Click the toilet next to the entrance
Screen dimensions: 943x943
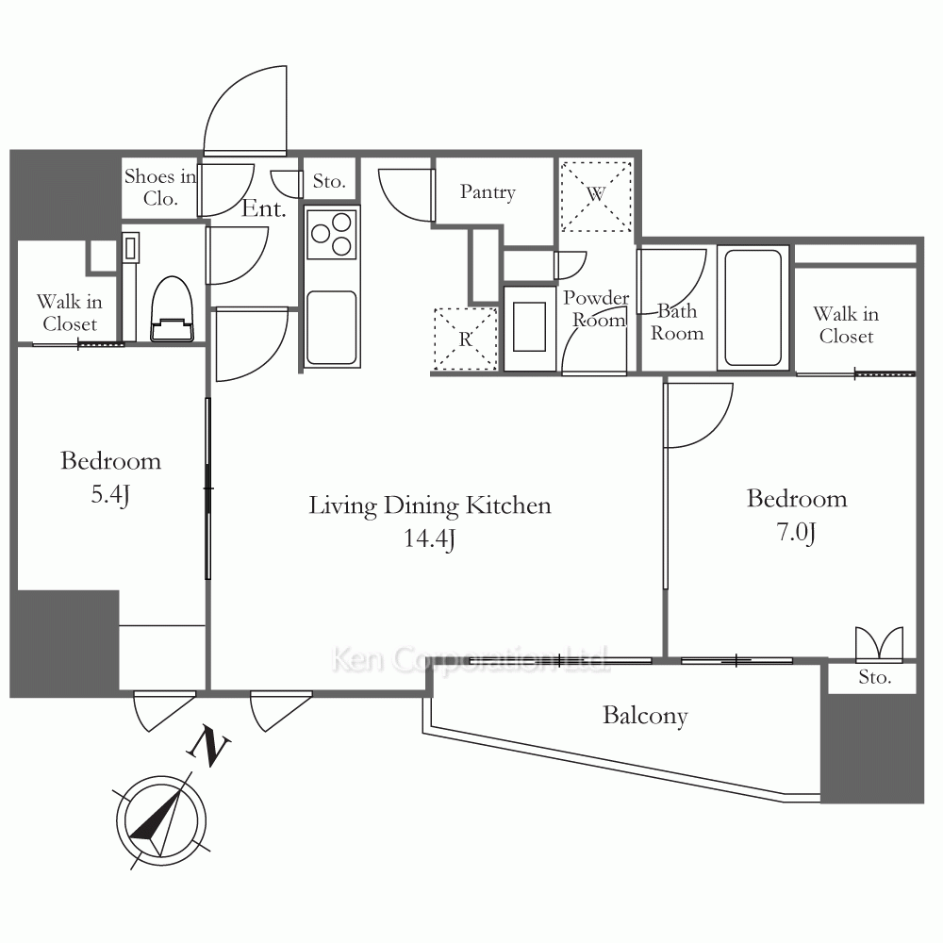(x=172, y=308)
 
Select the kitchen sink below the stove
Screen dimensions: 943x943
(x=331, y=328)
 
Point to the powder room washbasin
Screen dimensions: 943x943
(x=530, y=327)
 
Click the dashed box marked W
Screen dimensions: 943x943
(x=596, y=195)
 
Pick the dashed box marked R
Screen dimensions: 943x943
(x=466, y=339)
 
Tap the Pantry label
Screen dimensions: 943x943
(x=488, y=192)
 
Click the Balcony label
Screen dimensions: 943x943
(x=645, y=716)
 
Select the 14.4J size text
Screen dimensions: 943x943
(x=429, y=538)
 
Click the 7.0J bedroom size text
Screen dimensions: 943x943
(x=796, y=532)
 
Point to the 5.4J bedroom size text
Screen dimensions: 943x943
(x=110, y=494)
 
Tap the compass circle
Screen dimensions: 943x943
(x=161, y=821)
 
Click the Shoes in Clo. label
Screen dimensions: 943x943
(x=160, y=187)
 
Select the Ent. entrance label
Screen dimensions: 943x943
(x=263, y=208)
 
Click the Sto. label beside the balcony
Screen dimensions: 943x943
(x=874, y=677)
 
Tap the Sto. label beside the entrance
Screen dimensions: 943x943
(x=329, y=181)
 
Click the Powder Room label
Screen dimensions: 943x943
(x=597, y=309)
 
